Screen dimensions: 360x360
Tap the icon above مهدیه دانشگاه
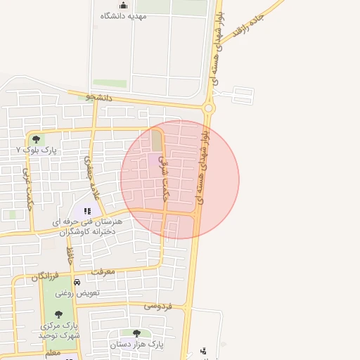pos(123,6)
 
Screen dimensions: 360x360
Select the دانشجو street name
pos(99,97)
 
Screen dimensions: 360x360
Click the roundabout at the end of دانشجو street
pos(209,108)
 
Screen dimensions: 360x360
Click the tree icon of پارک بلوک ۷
pos(36,139)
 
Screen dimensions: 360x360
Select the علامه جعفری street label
pos(89,170)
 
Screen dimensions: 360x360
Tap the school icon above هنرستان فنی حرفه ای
pos(87,210)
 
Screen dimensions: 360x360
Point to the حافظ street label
pos(70,255)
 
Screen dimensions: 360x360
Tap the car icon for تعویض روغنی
pos(77,282)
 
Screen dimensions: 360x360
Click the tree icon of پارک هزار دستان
pos(136,333)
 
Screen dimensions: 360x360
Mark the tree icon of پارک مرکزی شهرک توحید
pos(58,314)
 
